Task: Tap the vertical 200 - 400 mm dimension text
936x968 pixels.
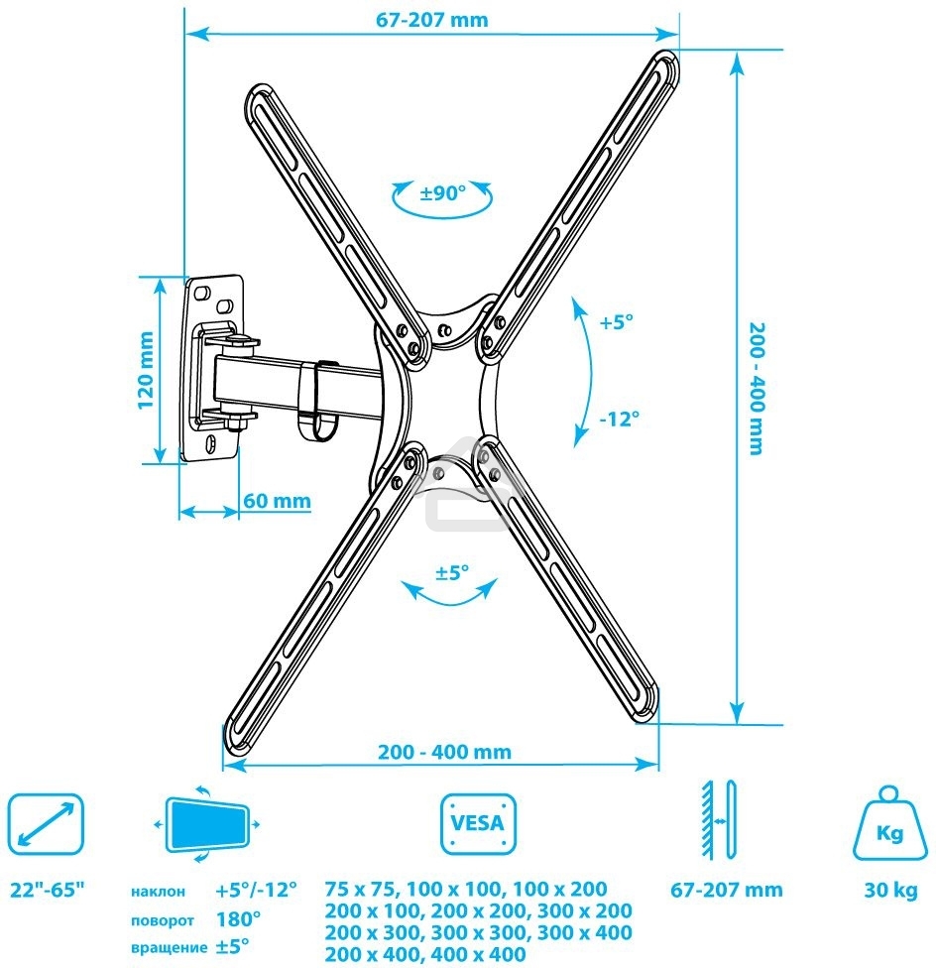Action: tap(756, 388)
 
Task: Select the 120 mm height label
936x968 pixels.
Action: tap(145, 369)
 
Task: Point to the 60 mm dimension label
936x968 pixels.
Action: tap(277, 501)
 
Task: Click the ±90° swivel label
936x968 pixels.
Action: tap(442, 193)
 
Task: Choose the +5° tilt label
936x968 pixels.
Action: tap(616, 322)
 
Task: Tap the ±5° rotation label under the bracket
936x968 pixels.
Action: tap(452, 572)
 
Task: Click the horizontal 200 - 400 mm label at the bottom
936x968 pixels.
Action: tap(444, 752)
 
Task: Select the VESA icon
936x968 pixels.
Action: tap(478, 822)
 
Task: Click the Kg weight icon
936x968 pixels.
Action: tap(888, 822)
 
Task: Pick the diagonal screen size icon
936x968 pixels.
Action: tap(46, 822)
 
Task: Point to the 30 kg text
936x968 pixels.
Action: tap(889, 890)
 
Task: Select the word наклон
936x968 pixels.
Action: tap(157, 892)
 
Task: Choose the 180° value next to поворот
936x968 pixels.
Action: tap(238, 919)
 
